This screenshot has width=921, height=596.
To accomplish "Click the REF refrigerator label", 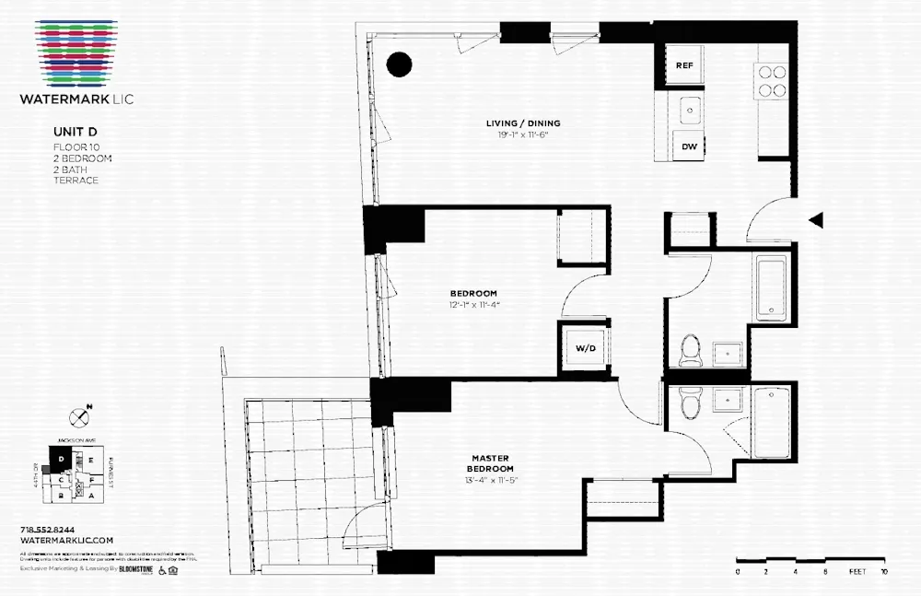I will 684,65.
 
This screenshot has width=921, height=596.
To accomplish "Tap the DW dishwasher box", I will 689,146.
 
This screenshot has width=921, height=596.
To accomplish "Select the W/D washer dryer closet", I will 585,349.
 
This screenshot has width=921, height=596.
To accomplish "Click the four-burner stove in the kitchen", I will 772,81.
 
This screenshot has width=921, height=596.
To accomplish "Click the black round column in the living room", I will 399,64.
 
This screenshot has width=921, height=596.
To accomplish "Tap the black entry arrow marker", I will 815,220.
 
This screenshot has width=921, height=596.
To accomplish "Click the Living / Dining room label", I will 523,123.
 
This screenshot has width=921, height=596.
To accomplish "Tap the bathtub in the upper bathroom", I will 773,288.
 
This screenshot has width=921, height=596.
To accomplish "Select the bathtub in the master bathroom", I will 771,421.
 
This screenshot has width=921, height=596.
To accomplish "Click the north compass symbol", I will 79,417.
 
